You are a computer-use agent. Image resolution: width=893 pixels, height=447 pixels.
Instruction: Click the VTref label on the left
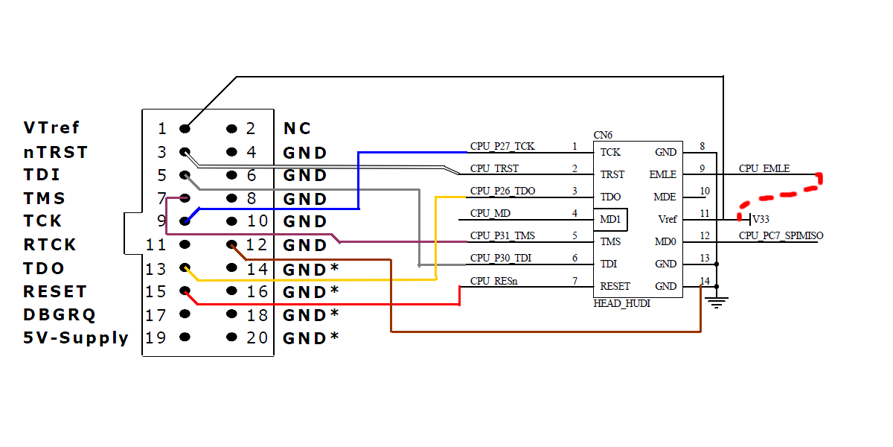[x=51, y=128]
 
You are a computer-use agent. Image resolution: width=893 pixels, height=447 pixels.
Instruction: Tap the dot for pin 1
[x=185, y=129]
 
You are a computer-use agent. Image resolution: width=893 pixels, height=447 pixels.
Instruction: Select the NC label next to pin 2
[x=297, y=128]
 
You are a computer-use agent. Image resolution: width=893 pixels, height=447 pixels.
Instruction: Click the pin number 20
[x=257, y=337]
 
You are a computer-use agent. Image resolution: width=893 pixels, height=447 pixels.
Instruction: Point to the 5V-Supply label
[x=76, y=337]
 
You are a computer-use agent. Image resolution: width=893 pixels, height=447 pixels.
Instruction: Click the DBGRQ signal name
[x=60, y=314]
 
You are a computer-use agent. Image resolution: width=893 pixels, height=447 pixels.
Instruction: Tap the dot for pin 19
[x=185, y=337]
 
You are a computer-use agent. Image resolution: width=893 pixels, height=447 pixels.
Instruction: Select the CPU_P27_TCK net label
[x=502, y=146]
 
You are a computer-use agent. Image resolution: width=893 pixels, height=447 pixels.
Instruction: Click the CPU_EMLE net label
[x=764, y=168]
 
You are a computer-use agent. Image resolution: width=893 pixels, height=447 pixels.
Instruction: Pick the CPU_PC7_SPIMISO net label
[x=781, y=235]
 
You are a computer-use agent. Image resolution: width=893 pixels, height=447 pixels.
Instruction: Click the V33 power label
[x=761, y=220]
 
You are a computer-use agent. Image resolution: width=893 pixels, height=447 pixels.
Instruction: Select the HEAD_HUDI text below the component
[x=622, y=304]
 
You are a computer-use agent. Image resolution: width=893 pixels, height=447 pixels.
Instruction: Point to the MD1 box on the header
[x=613, y=220]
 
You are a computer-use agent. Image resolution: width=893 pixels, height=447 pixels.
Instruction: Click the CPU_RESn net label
[x=493, y=281]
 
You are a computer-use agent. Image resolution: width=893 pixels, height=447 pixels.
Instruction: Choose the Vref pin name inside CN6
[x=668, y=220]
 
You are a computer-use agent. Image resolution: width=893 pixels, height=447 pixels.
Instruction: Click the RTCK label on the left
[x=50, y=244]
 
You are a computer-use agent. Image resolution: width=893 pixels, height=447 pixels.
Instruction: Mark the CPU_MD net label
[x=490, y=213]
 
